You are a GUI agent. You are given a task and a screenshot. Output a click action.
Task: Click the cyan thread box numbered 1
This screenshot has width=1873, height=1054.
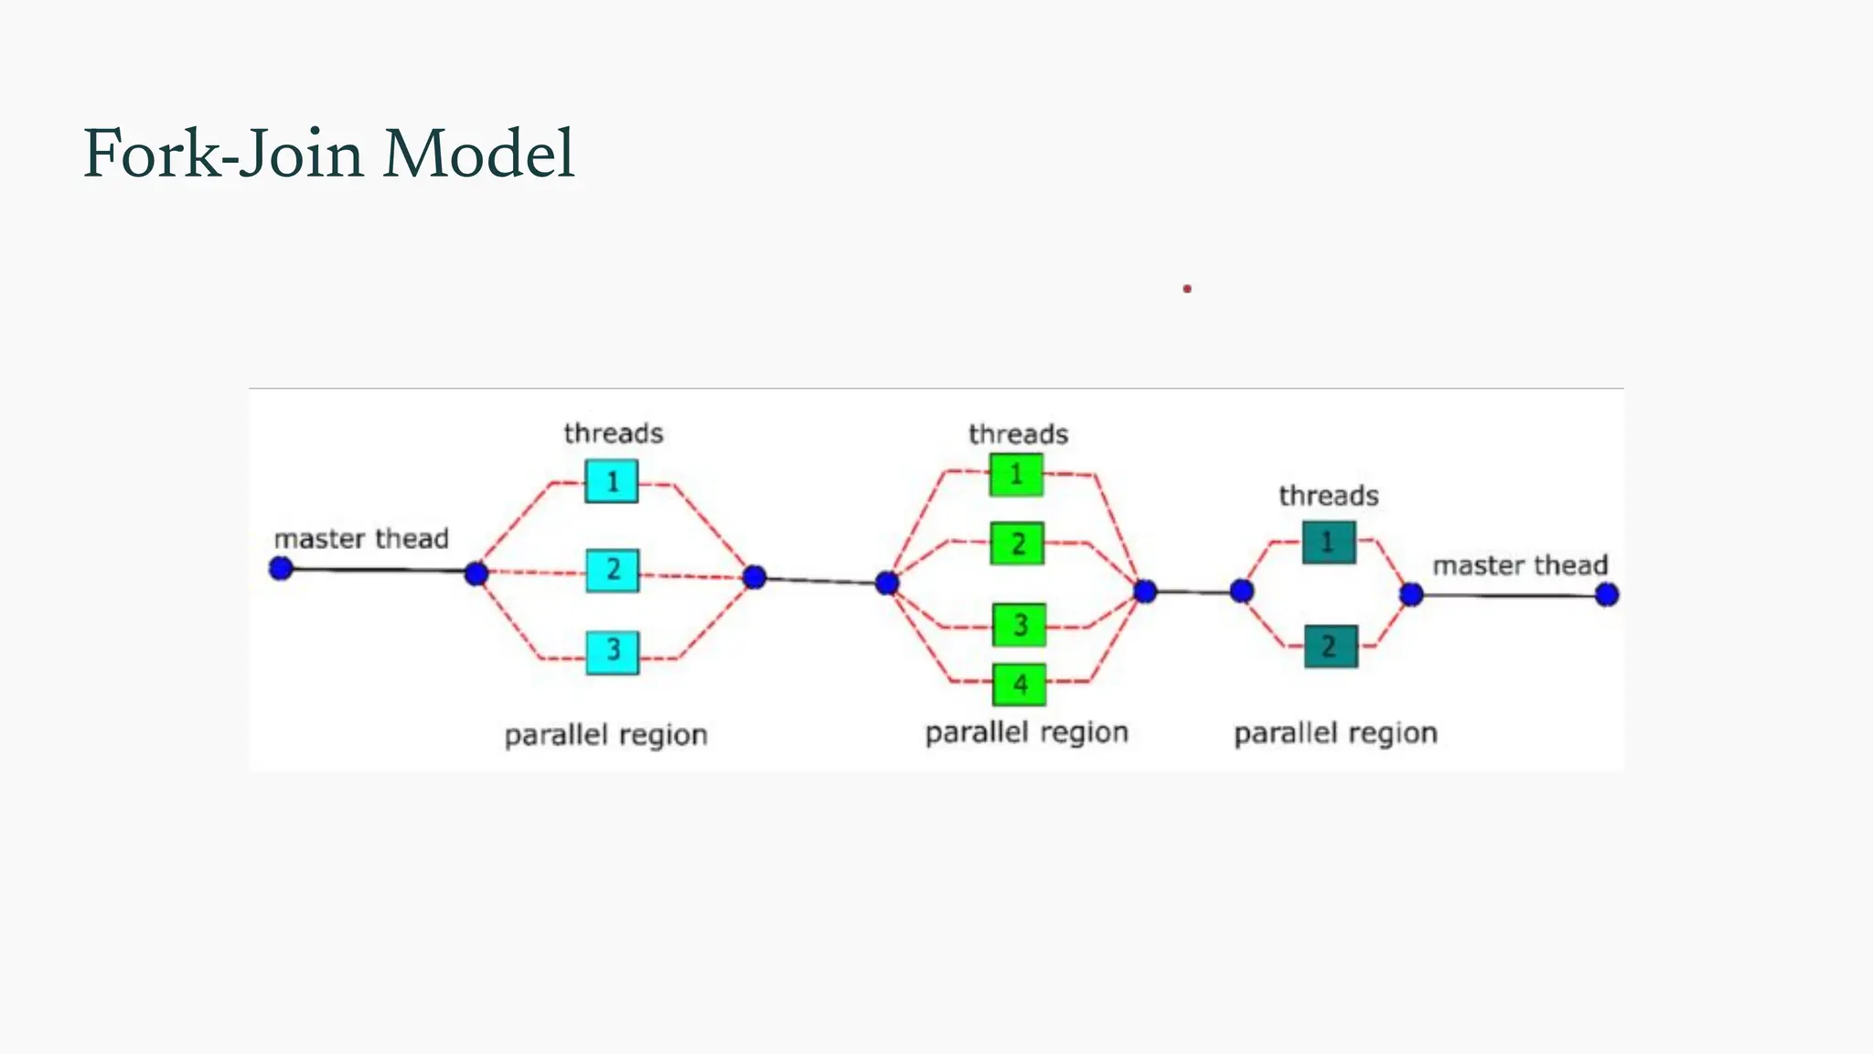[612, 481]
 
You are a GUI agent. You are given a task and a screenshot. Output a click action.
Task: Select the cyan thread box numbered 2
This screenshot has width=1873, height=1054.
[613, 570]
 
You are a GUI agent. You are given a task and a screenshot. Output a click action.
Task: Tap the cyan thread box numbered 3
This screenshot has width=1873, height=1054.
[613, 651]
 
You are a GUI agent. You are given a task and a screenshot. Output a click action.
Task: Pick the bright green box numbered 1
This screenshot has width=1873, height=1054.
[1016, 475]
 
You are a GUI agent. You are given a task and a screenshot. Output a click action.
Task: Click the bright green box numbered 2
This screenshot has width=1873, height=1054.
[1018, 544]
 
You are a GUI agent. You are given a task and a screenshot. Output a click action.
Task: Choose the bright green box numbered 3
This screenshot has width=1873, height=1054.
[1020, 626]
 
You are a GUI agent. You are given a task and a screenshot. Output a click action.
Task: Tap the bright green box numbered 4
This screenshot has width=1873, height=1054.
[1020, 684]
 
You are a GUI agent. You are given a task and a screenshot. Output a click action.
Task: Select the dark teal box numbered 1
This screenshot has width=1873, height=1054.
[1329, 542]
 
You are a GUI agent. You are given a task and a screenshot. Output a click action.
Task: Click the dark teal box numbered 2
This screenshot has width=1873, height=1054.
[1331, 647]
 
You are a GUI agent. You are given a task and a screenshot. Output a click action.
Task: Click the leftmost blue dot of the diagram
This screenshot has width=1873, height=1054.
[281, 568]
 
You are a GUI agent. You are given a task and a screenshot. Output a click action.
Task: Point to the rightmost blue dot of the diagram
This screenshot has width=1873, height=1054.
[1607, 595]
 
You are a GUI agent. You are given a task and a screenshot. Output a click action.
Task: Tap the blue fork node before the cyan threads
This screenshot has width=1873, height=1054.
[476, 574]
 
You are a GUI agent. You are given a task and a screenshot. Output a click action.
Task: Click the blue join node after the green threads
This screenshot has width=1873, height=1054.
[1145, 591]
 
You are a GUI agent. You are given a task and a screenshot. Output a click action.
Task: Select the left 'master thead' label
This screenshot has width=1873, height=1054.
[361, 538]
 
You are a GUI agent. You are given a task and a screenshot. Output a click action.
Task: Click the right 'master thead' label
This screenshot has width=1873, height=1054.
[1519, 565]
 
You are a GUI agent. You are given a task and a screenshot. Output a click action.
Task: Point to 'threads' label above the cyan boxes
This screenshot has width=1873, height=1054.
[613, 433]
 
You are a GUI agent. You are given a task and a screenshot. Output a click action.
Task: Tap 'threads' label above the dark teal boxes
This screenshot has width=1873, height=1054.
[1328, 496]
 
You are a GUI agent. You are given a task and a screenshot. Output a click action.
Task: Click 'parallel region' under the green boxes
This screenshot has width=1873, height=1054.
[1026, 733]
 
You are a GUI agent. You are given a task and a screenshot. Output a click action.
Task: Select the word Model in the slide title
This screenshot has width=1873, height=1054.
[478, 154]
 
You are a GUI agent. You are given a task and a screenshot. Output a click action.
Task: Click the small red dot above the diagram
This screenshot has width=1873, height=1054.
[1187, 288]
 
